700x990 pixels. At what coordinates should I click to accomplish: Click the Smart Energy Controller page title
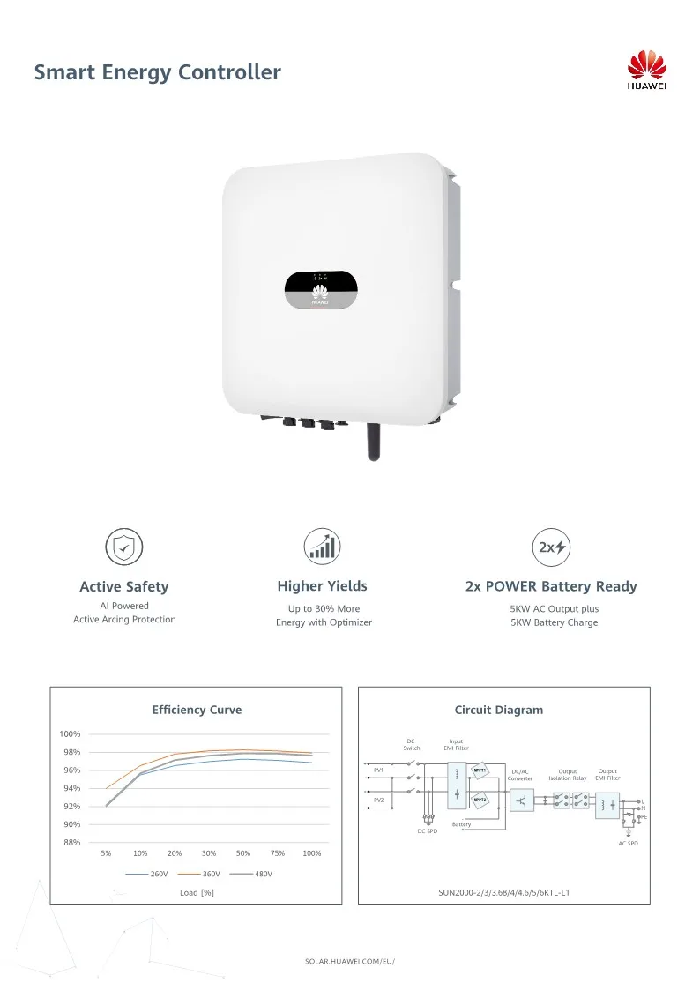point(157,72)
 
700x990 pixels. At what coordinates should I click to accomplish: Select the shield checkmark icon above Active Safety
point(123,547)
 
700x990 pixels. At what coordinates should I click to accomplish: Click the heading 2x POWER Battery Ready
point(551,586)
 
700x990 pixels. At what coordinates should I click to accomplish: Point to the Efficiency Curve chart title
point(197,710)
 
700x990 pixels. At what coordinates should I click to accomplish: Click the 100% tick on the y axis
point(71,734)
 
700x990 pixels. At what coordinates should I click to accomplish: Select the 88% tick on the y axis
point(71,843)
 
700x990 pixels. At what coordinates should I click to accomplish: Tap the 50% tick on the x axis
point(243,853)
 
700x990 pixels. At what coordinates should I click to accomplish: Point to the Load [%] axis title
point(197,893)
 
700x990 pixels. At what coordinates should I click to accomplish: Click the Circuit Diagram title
point(499,710)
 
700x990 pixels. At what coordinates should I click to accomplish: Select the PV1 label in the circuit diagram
point(378,770)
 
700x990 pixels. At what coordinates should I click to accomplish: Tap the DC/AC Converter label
point(520,775)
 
